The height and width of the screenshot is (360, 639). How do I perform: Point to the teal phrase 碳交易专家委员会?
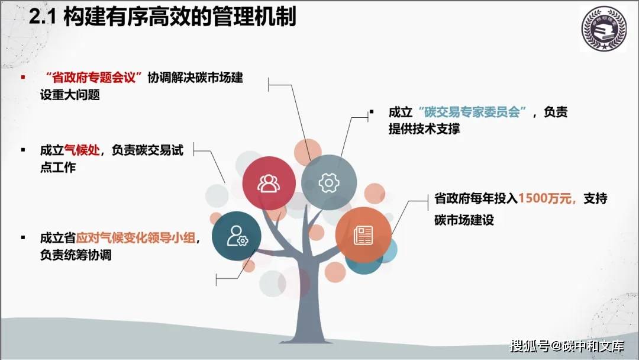[472, 112]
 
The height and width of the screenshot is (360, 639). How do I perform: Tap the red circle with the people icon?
[269, 183]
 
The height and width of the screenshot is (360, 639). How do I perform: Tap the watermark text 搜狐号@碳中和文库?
[566, 345]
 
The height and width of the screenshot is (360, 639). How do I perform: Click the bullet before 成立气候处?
[23, 150]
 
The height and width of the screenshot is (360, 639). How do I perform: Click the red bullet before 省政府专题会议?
[23, 78]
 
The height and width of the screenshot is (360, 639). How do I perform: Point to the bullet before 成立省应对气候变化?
[23, 239]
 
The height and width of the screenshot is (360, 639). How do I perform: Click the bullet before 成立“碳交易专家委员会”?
[372, 112]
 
